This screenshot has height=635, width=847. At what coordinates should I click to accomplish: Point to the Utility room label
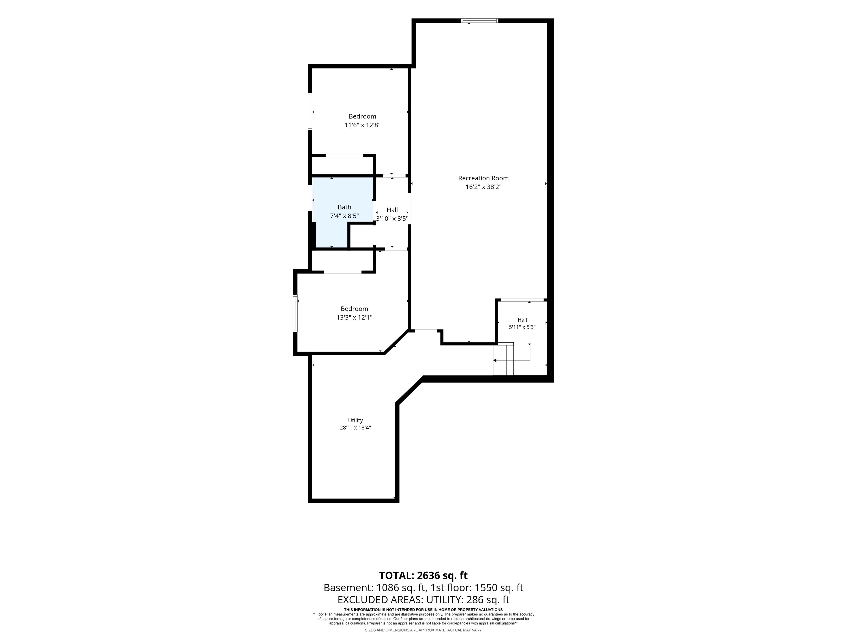[355, 420]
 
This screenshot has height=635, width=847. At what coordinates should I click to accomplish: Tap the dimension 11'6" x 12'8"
[362, 125]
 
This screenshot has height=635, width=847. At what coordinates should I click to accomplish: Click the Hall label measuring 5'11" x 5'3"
[522, 320]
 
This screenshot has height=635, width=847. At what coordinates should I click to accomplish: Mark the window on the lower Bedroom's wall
[295, 313]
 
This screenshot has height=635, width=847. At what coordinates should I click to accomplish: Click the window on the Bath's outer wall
[310, 198]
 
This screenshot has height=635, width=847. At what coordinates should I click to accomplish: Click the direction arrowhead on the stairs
[495, 360]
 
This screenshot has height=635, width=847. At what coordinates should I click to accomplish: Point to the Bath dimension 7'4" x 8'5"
[344, 216]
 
